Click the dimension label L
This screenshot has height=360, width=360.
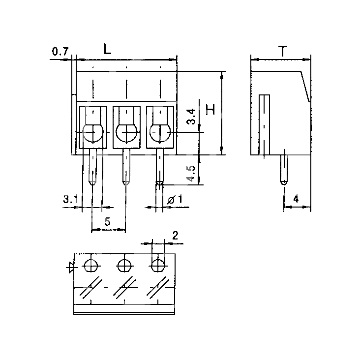pos(107,49)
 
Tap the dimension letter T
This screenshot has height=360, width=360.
pos(283,51)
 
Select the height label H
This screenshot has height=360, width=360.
pos(210,110)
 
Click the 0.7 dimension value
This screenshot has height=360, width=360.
pos(60,52)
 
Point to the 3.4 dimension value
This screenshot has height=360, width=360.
pos(191,117)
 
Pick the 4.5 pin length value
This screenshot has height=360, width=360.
pos(191,173)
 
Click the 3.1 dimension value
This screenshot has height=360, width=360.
pos(70,199)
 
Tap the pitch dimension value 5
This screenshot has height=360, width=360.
pos(107,221)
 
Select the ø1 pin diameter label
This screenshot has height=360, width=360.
pos(175,199)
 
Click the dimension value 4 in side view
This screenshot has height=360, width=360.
pos(296,199)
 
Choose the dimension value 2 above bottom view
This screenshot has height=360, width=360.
pos(175,236)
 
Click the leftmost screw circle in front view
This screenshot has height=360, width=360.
pos(93,132)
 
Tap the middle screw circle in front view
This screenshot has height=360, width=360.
pos(126,132)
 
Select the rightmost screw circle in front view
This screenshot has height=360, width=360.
pos(160,132)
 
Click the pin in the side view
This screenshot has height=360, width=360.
pos(284,170)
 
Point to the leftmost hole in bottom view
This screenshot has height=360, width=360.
pos(91,266)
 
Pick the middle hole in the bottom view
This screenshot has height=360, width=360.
pos(124,266)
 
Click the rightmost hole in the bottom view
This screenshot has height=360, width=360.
pos(158,266)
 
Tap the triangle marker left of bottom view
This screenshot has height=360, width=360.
pos(71,267)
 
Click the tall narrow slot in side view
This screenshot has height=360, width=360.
pos(264,124)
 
